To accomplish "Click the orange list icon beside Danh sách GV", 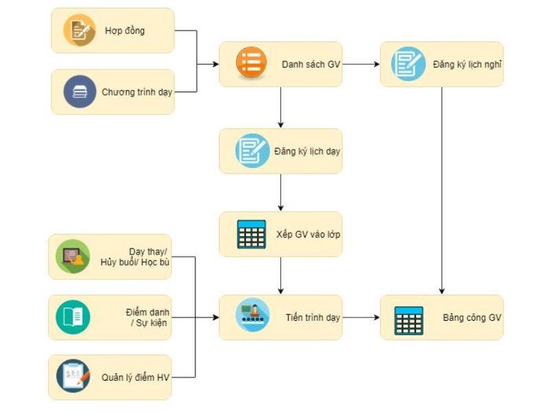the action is pos(251,62).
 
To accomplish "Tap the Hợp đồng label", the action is pos(124,31).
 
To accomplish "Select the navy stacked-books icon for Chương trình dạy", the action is pos(80,92).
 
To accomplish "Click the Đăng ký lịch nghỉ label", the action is pos(467,65).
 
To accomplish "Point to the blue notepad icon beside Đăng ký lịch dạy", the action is pos(253,151).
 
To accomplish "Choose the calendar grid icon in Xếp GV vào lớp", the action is pos(251,234).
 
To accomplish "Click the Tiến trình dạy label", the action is pos(312,318).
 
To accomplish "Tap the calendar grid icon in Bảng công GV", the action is pos(409,321).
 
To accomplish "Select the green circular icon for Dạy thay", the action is pos(72,256).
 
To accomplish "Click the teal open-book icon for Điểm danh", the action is pos(72,317).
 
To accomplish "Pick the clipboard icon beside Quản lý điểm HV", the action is pos(73,376).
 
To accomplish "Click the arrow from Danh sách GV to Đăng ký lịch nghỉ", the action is pos(361,65).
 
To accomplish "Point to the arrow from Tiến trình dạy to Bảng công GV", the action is pos(361,318).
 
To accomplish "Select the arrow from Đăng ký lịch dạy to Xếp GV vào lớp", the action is pos(280,193).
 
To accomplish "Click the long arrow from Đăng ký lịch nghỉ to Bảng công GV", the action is pos(442,190).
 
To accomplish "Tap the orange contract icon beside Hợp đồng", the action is pos(79,30).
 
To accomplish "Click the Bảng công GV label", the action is pos(472,318).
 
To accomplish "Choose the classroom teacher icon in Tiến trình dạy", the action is pos(253,315).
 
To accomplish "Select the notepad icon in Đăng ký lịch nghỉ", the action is pos(409,64).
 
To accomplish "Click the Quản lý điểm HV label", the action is pos(135,378).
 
